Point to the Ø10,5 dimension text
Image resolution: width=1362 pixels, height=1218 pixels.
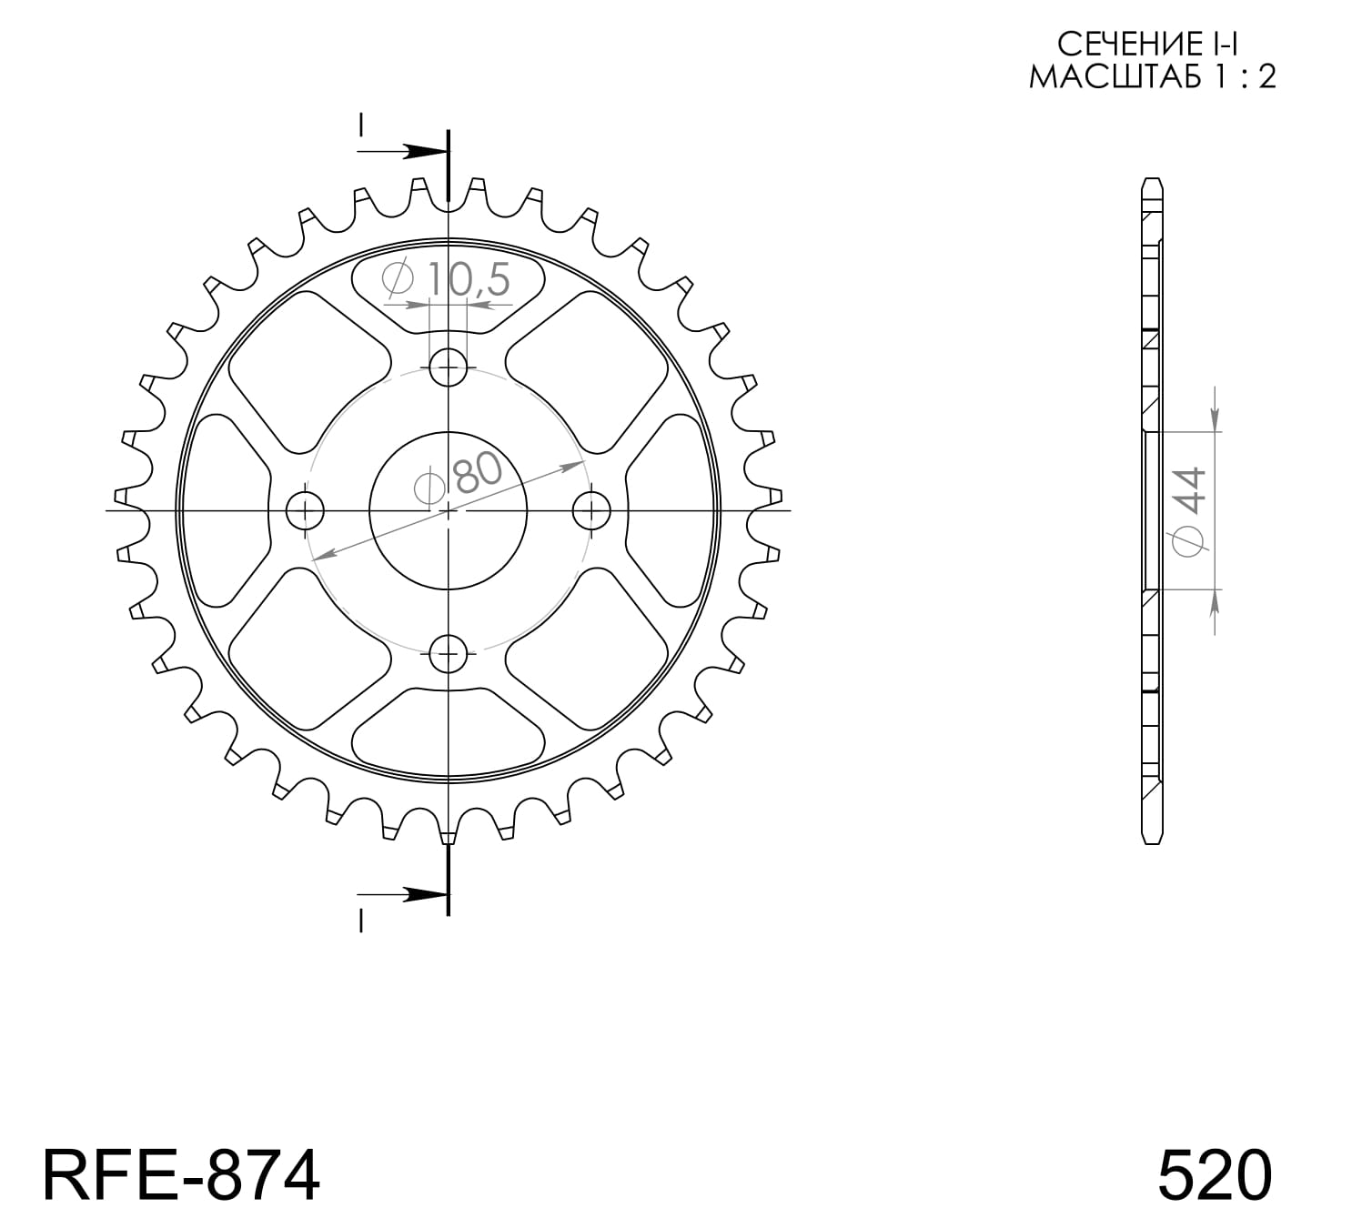tap(448, 279)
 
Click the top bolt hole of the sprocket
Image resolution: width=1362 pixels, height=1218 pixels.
tap(448, 368)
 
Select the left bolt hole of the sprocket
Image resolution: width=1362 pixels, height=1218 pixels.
tap(305, 510)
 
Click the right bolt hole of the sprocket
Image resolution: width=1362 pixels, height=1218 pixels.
tap(592, 510)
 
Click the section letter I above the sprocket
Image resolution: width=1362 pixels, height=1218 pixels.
tap(361, 125)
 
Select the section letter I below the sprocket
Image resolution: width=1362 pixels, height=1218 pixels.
tap(361, 922)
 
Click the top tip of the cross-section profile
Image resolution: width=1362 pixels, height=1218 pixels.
tap(1152, 179)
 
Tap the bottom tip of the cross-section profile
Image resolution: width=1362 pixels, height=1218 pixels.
tap(1152, 842)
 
